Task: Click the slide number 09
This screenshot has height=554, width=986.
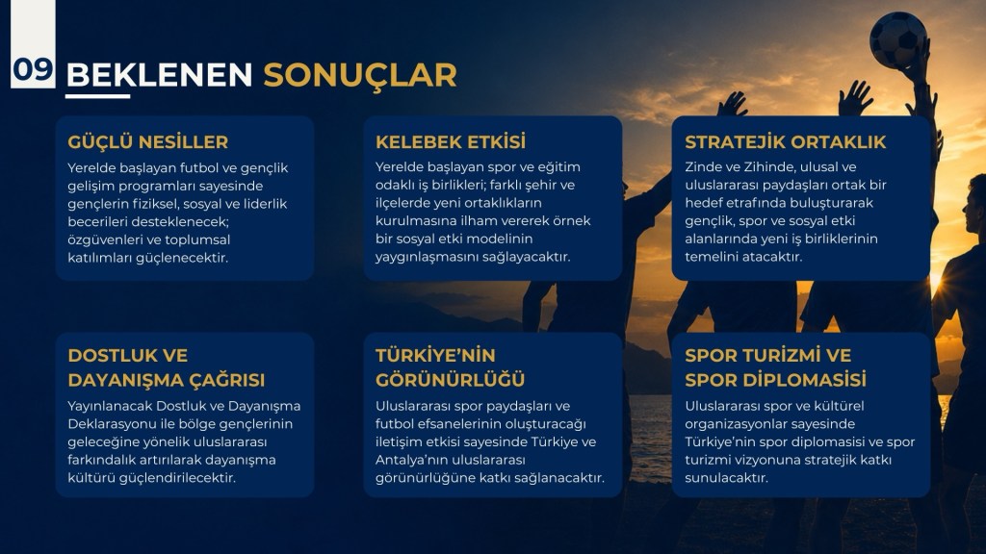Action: [33, 69]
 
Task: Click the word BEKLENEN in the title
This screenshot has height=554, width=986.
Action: [159, 75]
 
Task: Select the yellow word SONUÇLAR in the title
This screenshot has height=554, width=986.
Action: [360, 76]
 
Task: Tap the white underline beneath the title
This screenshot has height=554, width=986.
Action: [97, 96]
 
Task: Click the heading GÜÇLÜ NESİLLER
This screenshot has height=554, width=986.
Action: [147, 141]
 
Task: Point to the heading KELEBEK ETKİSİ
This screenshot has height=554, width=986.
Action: [451, 141]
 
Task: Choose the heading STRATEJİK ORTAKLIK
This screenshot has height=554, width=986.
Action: [786, 142]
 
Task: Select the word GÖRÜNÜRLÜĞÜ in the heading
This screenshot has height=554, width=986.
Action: [451, 380]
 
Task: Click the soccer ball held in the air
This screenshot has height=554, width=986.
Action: [897, 40]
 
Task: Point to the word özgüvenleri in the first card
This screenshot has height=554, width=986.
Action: [104, 239]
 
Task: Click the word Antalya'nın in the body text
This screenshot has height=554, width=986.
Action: [410, 460]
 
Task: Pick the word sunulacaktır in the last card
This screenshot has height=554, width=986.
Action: [726, 477]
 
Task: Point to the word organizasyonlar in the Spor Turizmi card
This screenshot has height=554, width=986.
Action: [735, 424]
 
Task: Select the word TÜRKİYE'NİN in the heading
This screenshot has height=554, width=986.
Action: [436, 355]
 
